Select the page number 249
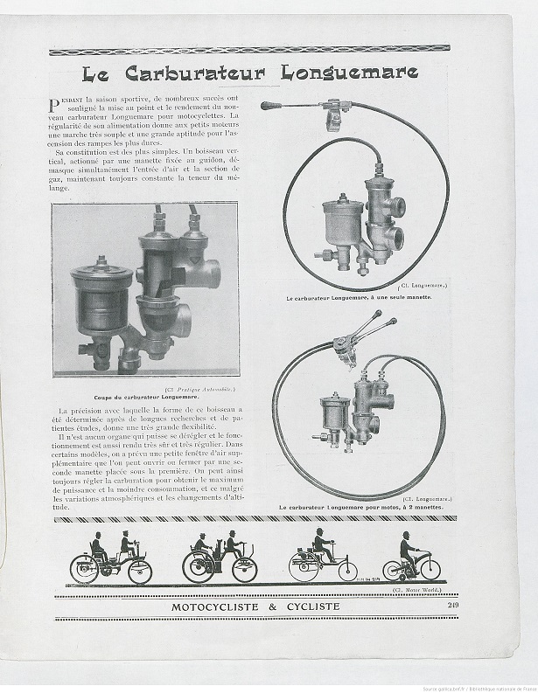tap(453, 605)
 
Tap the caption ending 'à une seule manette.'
tap(359, 297)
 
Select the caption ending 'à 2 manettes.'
tap(360, 506)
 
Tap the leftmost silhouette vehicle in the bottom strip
tap(111, 559)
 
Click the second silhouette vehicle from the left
tap(219, 559)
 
